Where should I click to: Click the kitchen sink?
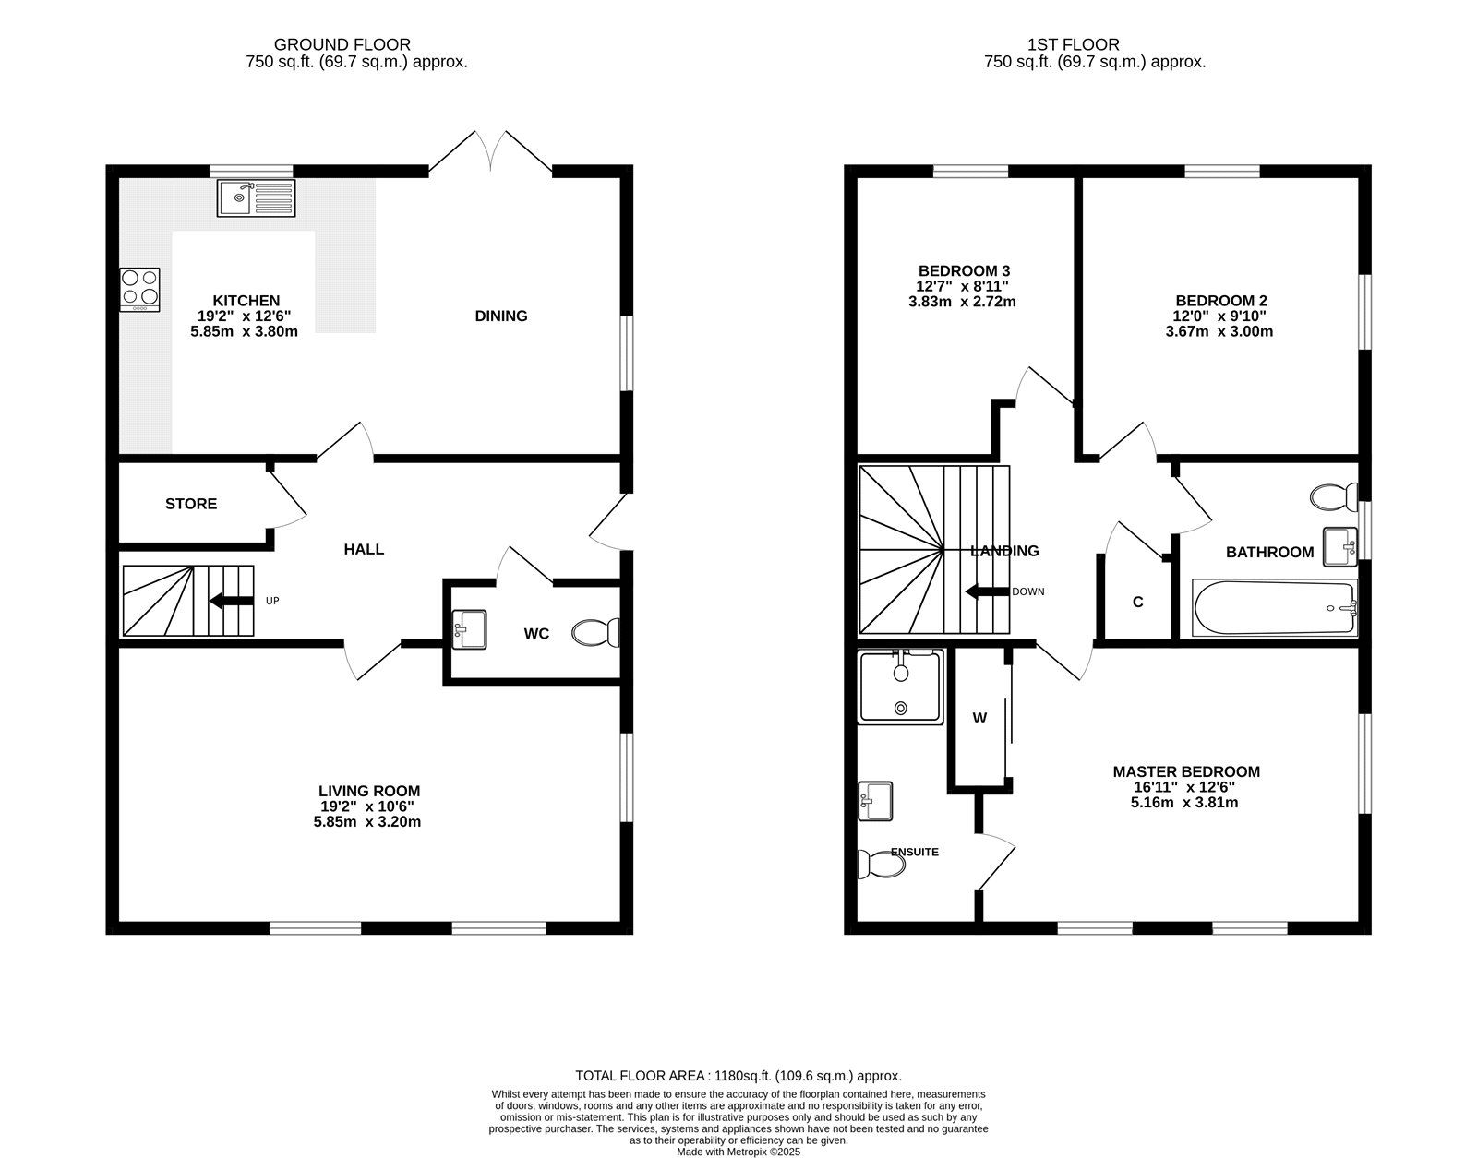pos(257,197)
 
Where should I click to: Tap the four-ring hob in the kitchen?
pos(140,290)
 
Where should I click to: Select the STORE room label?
pos(191,504)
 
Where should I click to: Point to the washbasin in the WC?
pos(470,629)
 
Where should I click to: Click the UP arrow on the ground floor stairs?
pos(232,601)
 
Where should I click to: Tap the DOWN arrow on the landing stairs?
pos(987,591)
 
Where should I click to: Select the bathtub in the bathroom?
pos(1275,607)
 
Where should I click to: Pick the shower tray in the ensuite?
pos(901,686)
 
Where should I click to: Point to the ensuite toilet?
pos(881,864)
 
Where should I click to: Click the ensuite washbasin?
pos(875,802)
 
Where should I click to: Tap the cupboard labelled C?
pos(1138,602)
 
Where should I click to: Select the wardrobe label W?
pos(979,718)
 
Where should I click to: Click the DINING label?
pos(501,316)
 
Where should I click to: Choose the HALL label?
pos(364,549)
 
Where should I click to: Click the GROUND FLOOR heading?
pos(342,45)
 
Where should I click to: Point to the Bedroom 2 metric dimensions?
pos(1219,331)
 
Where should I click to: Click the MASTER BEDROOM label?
pos(1186,771)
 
